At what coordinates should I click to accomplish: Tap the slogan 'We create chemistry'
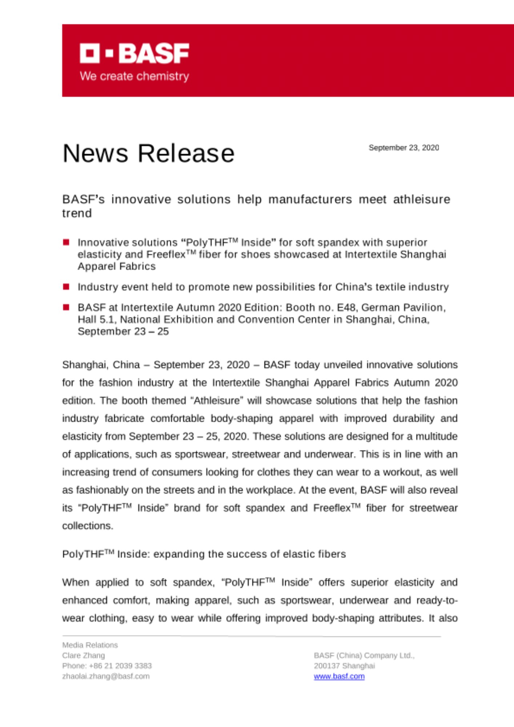tap(134, 76)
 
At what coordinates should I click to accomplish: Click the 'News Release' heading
tap(148, 153)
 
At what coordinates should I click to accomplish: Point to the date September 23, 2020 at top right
tap(403, 148)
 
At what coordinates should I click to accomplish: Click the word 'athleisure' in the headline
tap(422, 199)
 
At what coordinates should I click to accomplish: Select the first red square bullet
tap(66, 242)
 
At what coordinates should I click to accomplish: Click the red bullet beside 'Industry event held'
tap(66, 287)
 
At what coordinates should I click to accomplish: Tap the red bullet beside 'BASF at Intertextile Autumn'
tap(66, 308)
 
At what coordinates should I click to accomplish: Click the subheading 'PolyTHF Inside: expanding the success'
tap(204, 554)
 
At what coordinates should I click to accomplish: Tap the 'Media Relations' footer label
tap(90, 645)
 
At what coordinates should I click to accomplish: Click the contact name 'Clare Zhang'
tap(83, 655)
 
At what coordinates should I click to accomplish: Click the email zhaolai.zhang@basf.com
tap(106, 676)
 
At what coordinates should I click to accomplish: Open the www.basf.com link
tap(339, 676)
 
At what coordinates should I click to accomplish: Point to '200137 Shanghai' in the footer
tap(344, 666)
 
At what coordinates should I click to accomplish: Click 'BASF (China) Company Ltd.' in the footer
tap(364, 655)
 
